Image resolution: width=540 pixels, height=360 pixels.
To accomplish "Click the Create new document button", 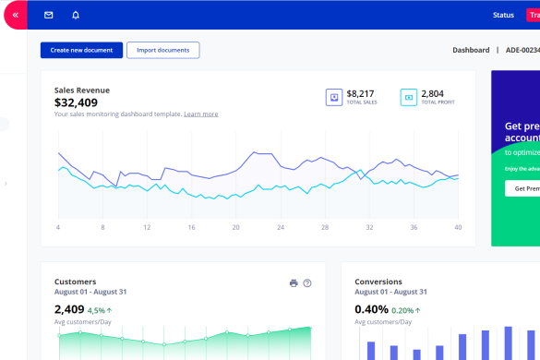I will tap(81, 50).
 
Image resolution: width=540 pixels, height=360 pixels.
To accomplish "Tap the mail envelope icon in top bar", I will tap(49, 15).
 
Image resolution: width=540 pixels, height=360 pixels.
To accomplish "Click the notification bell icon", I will tap(75, 15).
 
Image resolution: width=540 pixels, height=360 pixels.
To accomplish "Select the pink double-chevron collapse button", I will tap(15, 15).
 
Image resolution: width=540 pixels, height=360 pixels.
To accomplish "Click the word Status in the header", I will tap(503, 15).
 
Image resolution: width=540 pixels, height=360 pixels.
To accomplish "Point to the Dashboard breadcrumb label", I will tap(471, 50).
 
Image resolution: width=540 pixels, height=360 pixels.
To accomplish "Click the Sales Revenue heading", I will tap(82, 90).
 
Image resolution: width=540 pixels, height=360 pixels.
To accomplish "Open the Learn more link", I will tap(200, 114).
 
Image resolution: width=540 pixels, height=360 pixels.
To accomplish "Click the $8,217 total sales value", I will tap(360, 93).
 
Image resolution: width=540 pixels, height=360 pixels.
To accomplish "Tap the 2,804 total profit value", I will tap(432, 93).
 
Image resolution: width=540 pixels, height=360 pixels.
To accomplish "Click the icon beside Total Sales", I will tap(333, 97).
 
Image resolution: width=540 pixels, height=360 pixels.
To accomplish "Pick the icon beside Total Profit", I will tap(408, 97).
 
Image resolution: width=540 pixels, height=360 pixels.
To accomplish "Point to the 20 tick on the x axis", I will tap(235, 227).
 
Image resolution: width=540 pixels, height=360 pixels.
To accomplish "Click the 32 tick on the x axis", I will tap(369, 227).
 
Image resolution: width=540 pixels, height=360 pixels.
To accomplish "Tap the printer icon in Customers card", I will tap(294, 283).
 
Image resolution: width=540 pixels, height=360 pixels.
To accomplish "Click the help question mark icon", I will tap(307, 283).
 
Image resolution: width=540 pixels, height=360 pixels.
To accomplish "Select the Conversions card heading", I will tap(378, 282).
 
